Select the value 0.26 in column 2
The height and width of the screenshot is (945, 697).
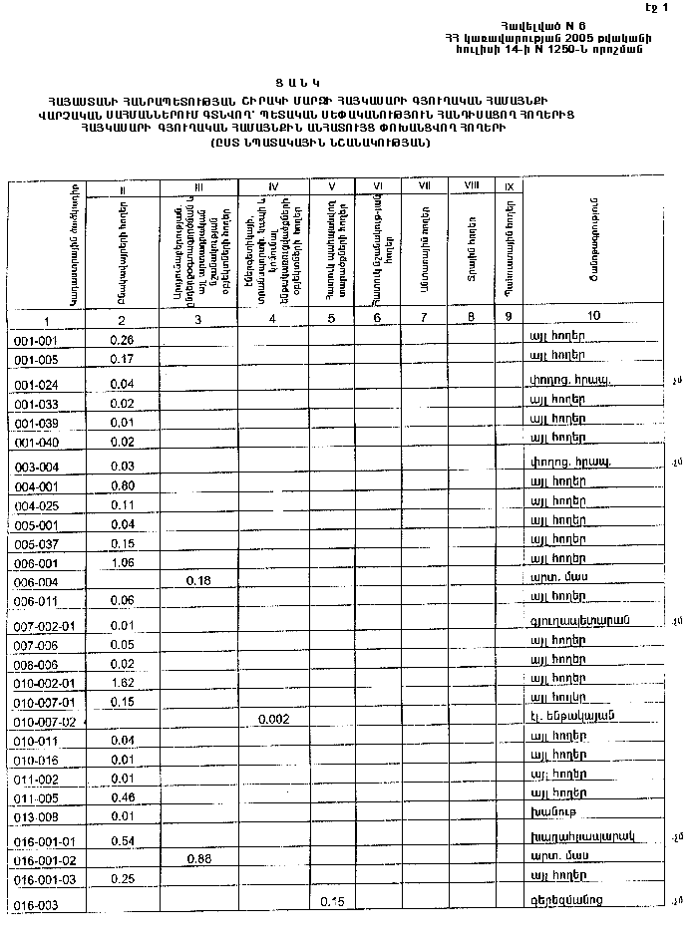(x=123, y=340)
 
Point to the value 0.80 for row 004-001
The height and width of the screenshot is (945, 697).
(x=123, y=486)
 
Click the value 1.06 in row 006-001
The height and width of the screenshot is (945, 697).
(x=123, y=563)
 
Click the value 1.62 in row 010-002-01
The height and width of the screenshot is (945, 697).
(x=123, y=684)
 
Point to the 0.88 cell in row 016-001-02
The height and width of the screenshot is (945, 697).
(x=202, y=858)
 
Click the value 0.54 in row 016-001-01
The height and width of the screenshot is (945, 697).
(x=123, y=841)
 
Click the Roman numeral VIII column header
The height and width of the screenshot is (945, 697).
(x=472, y=185)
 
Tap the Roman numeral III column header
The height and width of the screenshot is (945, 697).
(x=199, y=186)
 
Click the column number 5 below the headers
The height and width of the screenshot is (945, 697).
(x=330, y=318)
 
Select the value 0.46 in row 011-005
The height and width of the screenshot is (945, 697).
(x=123, y=797)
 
